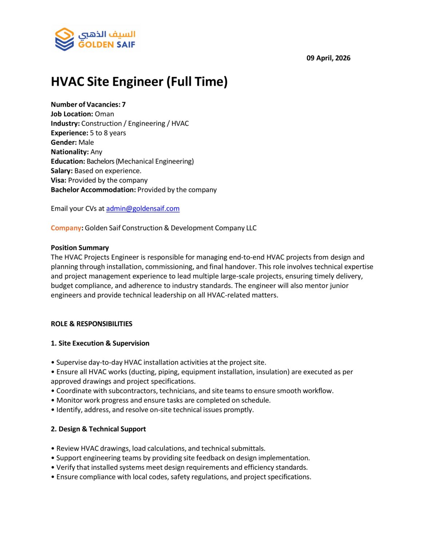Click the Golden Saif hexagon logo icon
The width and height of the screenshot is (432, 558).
tap(64, 39)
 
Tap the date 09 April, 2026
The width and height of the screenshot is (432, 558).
tap(328, 58)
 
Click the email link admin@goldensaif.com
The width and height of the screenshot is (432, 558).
tap(143, 209)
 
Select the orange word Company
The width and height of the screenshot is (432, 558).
tap(66, 228)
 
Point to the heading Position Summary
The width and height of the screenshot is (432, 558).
tap(80, 248)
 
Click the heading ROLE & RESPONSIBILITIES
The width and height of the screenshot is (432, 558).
tap(91, 324)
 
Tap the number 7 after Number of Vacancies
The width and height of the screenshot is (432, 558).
tap(124, 105)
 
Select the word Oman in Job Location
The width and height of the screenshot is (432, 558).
tap(104, 114)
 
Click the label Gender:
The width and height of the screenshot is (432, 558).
tap(64, 142)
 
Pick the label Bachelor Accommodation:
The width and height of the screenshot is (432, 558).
tap(93, 190)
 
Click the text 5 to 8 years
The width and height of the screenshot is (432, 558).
tap(108, 133)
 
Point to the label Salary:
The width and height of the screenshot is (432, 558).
tap(62, 171)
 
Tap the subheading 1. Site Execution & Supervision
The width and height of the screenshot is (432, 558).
tap(100, 343)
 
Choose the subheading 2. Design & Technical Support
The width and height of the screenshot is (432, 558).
tap(98, 429)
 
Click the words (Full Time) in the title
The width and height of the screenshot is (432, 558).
tap(197, 82)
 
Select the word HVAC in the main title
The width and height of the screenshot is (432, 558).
tap(67, 82)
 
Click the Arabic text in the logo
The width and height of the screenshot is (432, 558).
tap(107, 35)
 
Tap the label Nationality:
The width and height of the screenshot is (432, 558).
tap(70, 152)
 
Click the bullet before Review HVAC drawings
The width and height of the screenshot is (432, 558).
tap(53, 449)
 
